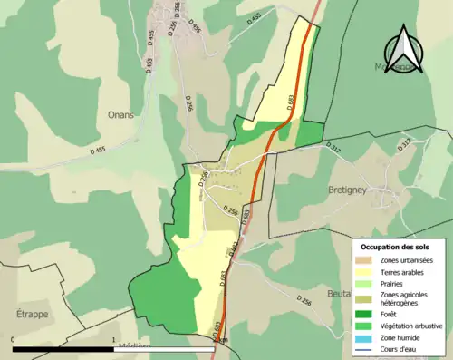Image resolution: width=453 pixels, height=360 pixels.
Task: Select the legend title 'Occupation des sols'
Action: pyautogui.click(x=397, y=247)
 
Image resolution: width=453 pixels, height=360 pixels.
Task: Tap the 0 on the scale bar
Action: pyautogui.click(x=14, y=340)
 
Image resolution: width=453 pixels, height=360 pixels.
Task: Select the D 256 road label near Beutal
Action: pyautogui.click(x=305, y=300)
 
